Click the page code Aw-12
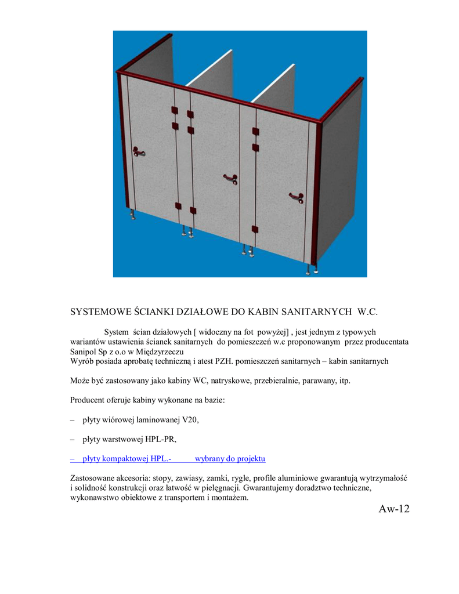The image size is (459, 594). point(394,509)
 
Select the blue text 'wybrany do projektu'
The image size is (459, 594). point(230,459)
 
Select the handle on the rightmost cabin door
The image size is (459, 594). point(296,197)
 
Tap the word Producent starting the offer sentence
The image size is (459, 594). point(88,400)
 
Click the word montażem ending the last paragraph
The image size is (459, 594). point(232,498)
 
